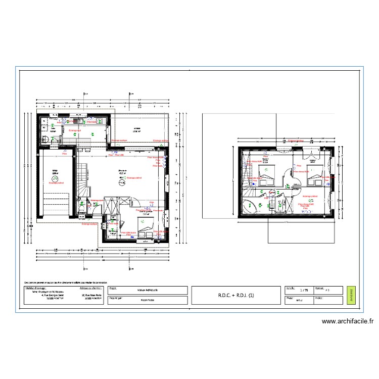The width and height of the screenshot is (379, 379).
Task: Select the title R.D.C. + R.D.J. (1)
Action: pyautogui.click(x=236, y=296)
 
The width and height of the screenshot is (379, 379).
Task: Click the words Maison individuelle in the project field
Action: pyautogui.click(x=147, y=290)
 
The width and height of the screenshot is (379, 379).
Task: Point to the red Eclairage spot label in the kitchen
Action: pyautogui.click(x=75, y=130)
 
